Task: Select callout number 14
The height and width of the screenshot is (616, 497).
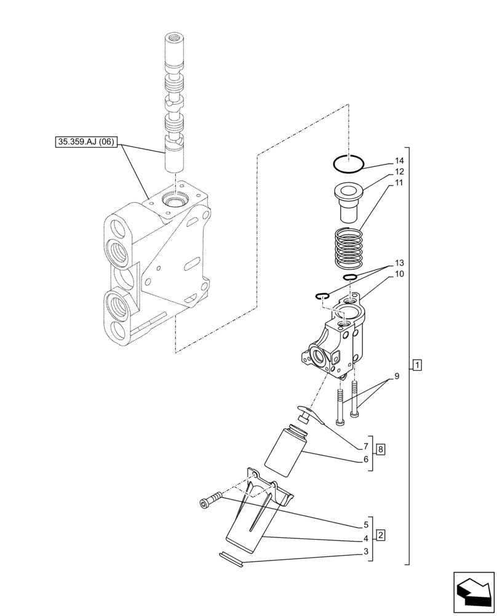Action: coord(399,162)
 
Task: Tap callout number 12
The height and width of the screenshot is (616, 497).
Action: coord(399,172)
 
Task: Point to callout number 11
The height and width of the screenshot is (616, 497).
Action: coord(399,183)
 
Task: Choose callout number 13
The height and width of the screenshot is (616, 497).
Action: coord(399,262)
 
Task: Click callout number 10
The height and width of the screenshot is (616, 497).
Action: coord(399,274)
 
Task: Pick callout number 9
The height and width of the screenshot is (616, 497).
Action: coord(397,376)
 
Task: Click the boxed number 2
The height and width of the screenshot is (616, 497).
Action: coord(381,535)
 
